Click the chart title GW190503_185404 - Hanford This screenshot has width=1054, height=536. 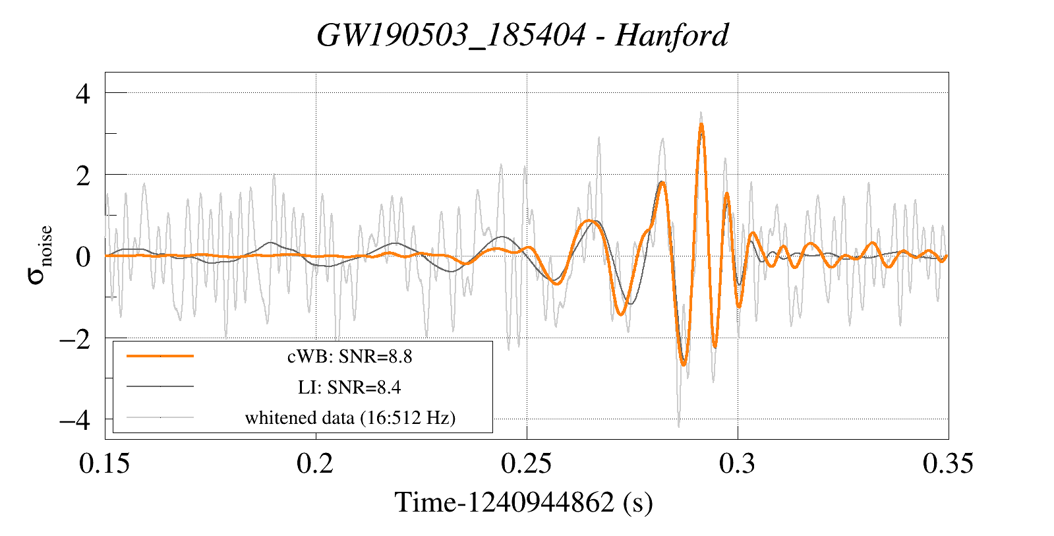pos(523,35)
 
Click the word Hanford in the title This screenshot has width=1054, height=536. pos(672,35)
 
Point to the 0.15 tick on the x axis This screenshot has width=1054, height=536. pos(105,463)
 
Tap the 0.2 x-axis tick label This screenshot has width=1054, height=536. pos(315,463)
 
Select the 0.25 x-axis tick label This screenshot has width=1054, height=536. pos(527,463)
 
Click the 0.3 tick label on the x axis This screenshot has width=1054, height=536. pos(738,463)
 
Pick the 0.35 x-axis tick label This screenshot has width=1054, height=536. pos(948,463)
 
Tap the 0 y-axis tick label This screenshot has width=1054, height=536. pos(82,256)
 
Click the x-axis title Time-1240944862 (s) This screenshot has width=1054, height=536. pos(524,502)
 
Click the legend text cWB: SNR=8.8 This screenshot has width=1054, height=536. pos(349,357)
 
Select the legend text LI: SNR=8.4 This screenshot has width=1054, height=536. pos(349,387)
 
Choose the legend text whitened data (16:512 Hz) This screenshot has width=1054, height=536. pos(350,417)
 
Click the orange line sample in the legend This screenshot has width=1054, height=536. pos(160,356)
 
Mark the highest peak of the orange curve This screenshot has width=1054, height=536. pos(701,125)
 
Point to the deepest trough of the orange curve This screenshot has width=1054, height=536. pos(684,365)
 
